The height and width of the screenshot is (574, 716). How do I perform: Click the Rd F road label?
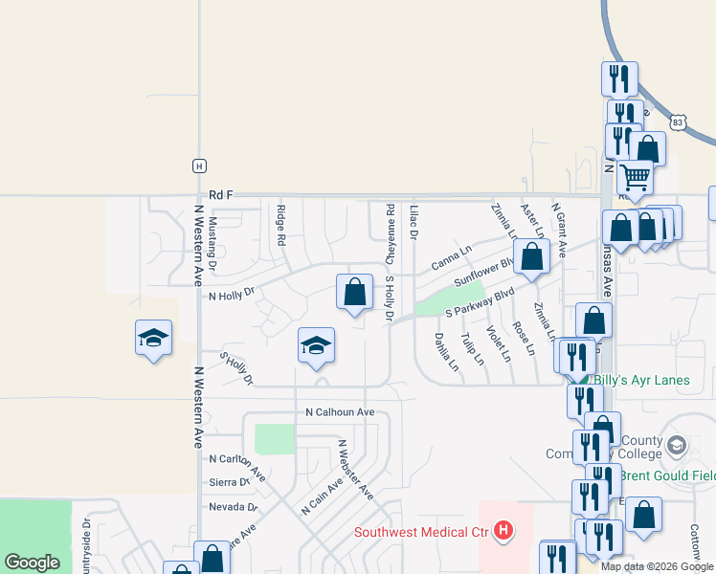(221, 194)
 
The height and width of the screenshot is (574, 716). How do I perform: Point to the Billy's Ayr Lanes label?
(641, 380)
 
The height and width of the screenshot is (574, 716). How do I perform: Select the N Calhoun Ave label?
(339, 412)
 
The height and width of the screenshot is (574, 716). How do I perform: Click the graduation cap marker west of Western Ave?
(153, 338)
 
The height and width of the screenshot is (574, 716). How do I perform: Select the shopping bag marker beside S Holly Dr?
(354, 291)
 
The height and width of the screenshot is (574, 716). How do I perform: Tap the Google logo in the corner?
(32, 563)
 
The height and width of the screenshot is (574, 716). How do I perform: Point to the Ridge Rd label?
(280, 227)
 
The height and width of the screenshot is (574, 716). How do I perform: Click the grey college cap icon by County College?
(677, 447)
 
